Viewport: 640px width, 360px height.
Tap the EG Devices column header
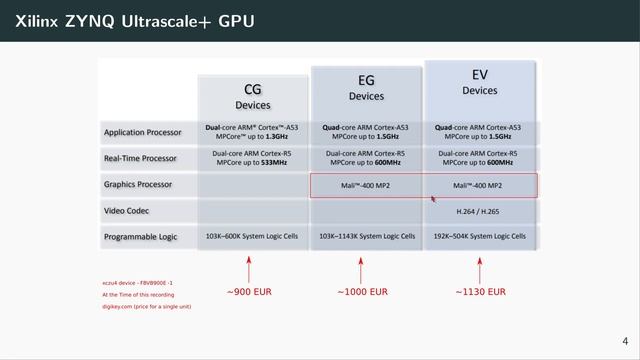click(366, 89)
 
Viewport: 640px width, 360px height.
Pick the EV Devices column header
click(479, 82)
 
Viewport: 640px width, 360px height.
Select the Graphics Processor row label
click(139, 185)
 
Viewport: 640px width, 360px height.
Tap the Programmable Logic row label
click(143, 237)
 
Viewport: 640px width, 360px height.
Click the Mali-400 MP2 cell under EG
click(366, 185)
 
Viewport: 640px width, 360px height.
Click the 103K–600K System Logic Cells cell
click(253, 237)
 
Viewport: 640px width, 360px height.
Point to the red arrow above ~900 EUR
click(248, 268)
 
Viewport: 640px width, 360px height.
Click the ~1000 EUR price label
click(363, 292)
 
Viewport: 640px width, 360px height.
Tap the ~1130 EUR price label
click(479, 292)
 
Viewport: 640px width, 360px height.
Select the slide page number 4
click(625, 340)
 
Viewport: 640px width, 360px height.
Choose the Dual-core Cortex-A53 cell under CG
click(253, 132)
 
